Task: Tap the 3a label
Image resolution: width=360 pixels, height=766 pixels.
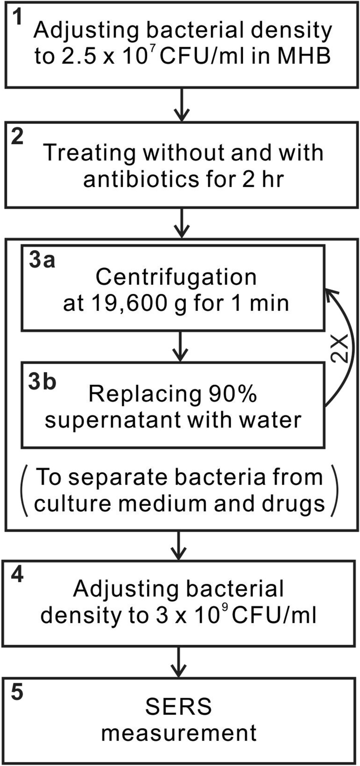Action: click(41, 260)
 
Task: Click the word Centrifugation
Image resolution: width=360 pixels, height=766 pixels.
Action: click(176, 277)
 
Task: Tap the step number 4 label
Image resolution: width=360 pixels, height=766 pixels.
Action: click(17, 574)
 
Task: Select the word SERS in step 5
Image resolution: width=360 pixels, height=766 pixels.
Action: click(178, 706)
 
